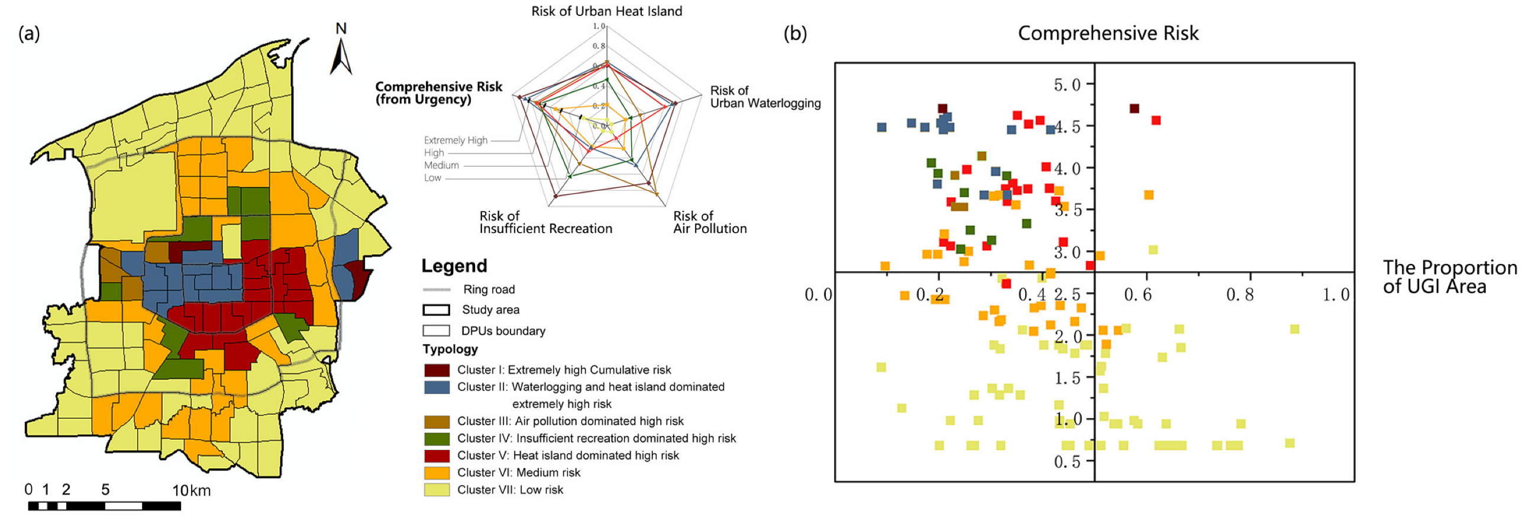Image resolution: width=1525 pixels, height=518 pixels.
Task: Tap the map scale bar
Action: [104, 506]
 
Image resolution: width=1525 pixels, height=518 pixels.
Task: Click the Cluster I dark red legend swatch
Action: [437, 370]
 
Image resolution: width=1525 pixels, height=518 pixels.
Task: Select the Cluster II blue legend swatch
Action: [437, 387]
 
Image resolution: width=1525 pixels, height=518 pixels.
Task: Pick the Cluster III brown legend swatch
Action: [437, 422]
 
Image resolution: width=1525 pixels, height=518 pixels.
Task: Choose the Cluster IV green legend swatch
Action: [437, 439]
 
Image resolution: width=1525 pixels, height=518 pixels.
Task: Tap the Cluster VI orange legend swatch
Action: [437, 473]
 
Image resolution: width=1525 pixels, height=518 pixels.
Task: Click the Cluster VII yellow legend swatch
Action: [437, 490]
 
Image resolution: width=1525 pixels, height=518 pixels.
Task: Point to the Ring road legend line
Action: [437, 290]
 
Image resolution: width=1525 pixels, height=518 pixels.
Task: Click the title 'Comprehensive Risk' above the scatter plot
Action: [1107, 33]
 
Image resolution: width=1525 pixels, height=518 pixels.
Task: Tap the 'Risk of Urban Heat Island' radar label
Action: [606, 11]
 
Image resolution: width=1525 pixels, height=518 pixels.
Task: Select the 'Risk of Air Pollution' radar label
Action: [709, 222]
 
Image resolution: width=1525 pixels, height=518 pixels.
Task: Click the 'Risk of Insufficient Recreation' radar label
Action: [545, 222]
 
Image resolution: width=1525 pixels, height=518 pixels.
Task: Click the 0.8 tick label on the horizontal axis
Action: [1240, 295]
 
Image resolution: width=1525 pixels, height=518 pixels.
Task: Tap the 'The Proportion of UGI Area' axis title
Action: [1449, 277]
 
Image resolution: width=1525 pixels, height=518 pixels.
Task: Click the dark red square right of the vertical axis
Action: [1134, 109]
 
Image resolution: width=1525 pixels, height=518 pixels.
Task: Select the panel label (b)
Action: [794, 34]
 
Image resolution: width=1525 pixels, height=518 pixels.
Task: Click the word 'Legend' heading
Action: [454, 266]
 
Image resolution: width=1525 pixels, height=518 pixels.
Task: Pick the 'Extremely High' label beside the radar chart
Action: [455, 140]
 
